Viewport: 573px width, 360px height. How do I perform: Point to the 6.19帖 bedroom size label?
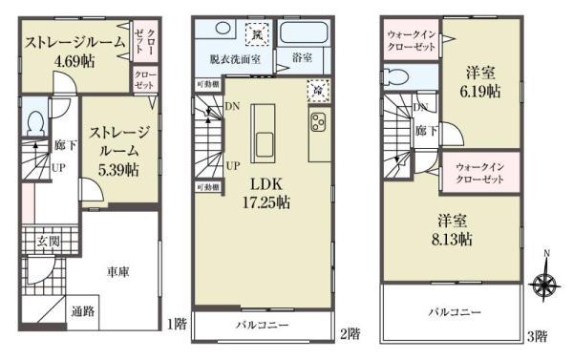click(482, 92)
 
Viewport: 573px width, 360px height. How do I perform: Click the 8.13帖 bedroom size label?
click(451, 239)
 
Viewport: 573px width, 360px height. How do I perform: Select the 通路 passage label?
click(82, 310)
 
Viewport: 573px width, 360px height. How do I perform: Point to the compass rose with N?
click(547, 284)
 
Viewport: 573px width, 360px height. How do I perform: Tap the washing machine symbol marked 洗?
click(257, 35)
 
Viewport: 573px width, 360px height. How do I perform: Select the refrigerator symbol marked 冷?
click(315, 90)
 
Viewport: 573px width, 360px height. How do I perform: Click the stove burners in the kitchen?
click(318, 122)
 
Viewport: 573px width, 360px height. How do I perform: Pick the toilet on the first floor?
click(35, 124)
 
